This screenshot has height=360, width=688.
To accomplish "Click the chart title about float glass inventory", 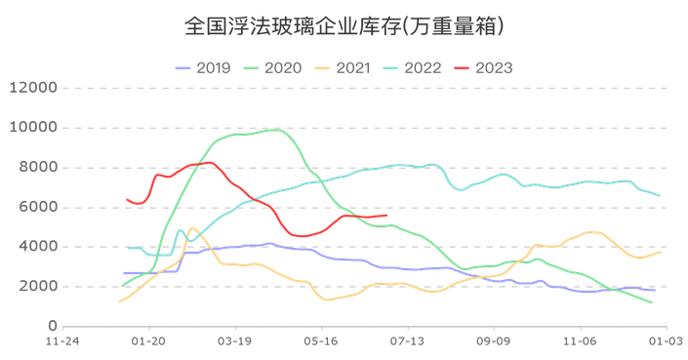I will pyautogui.click(x=344, y=26).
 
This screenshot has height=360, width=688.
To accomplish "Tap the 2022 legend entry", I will pyautogui.click(x=411, y=68).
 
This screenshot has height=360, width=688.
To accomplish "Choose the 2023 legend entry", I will pyautogui.click(x=481, y=68).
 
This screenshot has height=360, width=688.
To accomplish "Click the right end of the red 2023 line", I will pyautogui.click(x=386, y=216).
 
